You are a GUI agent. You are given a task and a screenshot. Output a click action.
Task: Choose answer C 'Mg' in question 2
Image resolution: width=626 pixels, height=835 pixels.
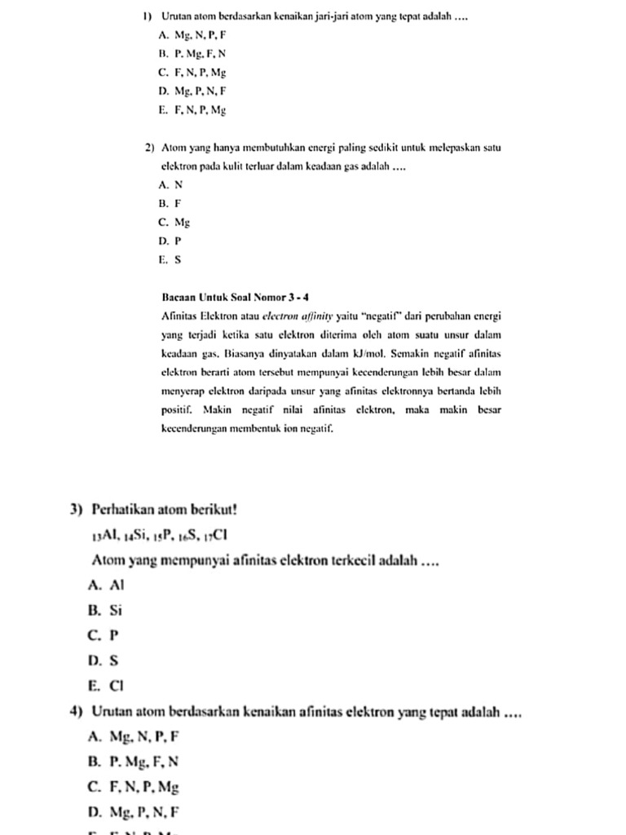tap(175, 222)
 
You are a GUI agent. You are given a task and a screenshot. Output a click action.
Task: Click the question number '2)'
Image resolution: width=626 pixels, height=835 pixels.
tap(150, 148)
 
